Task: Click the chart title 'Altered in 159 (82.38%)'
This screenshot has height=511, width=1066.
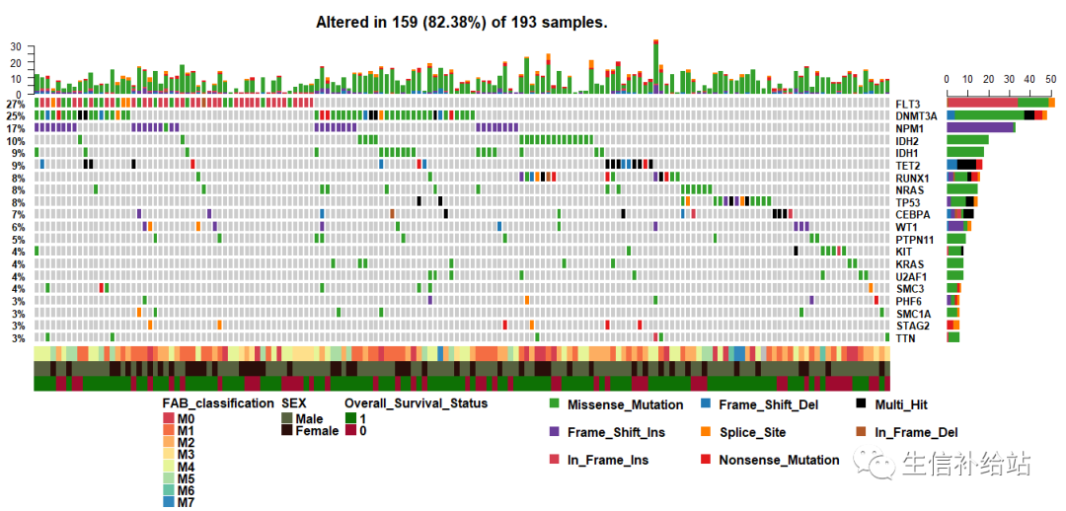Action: point(461,22)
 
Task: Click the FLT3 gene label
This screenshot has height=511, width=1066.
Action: point(907,104)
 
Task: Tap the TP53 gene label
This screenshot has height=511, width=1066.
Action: point(907,202)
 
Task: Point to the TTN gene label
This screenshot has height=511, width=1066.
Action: point(905,338)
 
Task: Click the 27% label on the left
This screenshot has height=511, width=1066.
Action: point(15,104)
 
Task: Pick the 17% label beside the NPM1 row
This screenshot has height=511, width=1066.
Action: point(15,128)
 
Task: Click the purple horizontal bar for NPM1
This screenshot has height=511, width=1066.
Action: point(980,127)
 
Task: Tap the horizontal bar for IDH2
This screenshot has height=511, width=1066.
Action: point(967,140)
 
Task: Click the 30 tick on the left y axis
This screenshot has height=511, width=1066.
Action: point(15,46)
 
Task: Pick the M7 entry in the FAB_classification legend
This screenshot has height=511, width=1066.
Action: point(184,501)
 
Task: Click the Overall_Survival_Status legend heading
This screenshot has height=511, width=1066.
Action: point(416,403)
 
